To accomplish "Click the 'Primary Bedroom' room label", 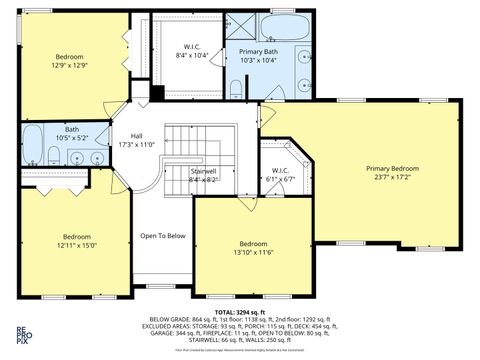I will coord(392,168).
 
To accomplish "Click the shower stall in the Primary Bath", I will coord(239,26).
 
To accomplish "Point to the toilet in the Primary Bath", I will coord(236,88).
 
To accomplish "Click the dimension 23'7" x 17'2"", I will coord(392,178).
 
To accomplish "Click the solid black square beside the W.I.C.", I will coord(156,94).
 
